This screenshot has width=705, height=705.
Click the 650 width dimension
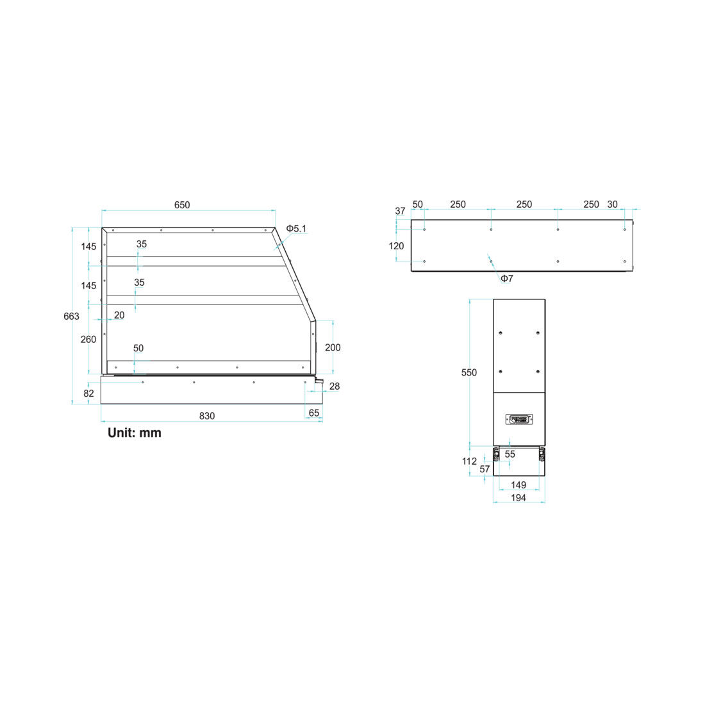point(182,205)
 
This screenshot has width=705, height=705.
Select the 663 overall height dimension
point(72,316)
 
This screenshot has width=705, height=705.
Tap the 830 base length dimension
point(206,416)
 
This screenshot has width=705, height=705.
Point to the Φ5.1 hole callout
point(296,228)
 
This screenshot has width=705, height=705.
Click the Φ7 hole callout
point(506,278)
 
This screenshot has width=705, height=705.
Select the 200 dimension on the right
point(333,347)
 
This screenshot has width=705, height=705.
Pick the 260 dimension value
point(88,339)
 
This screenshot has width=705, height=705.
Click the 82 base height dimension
point(88,393)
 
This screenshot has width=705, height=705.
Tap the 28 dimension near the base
point(334,386)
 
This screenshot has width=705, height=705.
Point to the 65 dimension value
point(313,413)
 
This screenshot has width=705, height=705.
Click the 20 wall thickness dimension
point(119,315)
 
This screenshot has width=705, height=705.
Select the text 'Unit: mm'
point(135,433)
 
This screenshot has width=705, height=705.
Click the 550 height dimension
point(469,372)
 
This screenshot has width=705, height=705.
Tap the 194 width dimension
point(518,497)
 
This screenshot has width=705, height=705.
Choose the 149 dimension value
point(518,485)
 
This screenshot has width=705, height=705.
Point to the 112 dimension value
point(469,461)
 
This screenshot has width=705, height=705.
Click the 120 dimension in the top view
point(397,245)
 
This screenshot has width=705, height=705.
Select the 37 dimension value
point(400,211)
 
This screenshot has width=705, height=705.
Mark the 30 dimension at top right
point(612,204)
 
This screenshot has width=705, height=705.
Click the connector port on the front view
point(519,419)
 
